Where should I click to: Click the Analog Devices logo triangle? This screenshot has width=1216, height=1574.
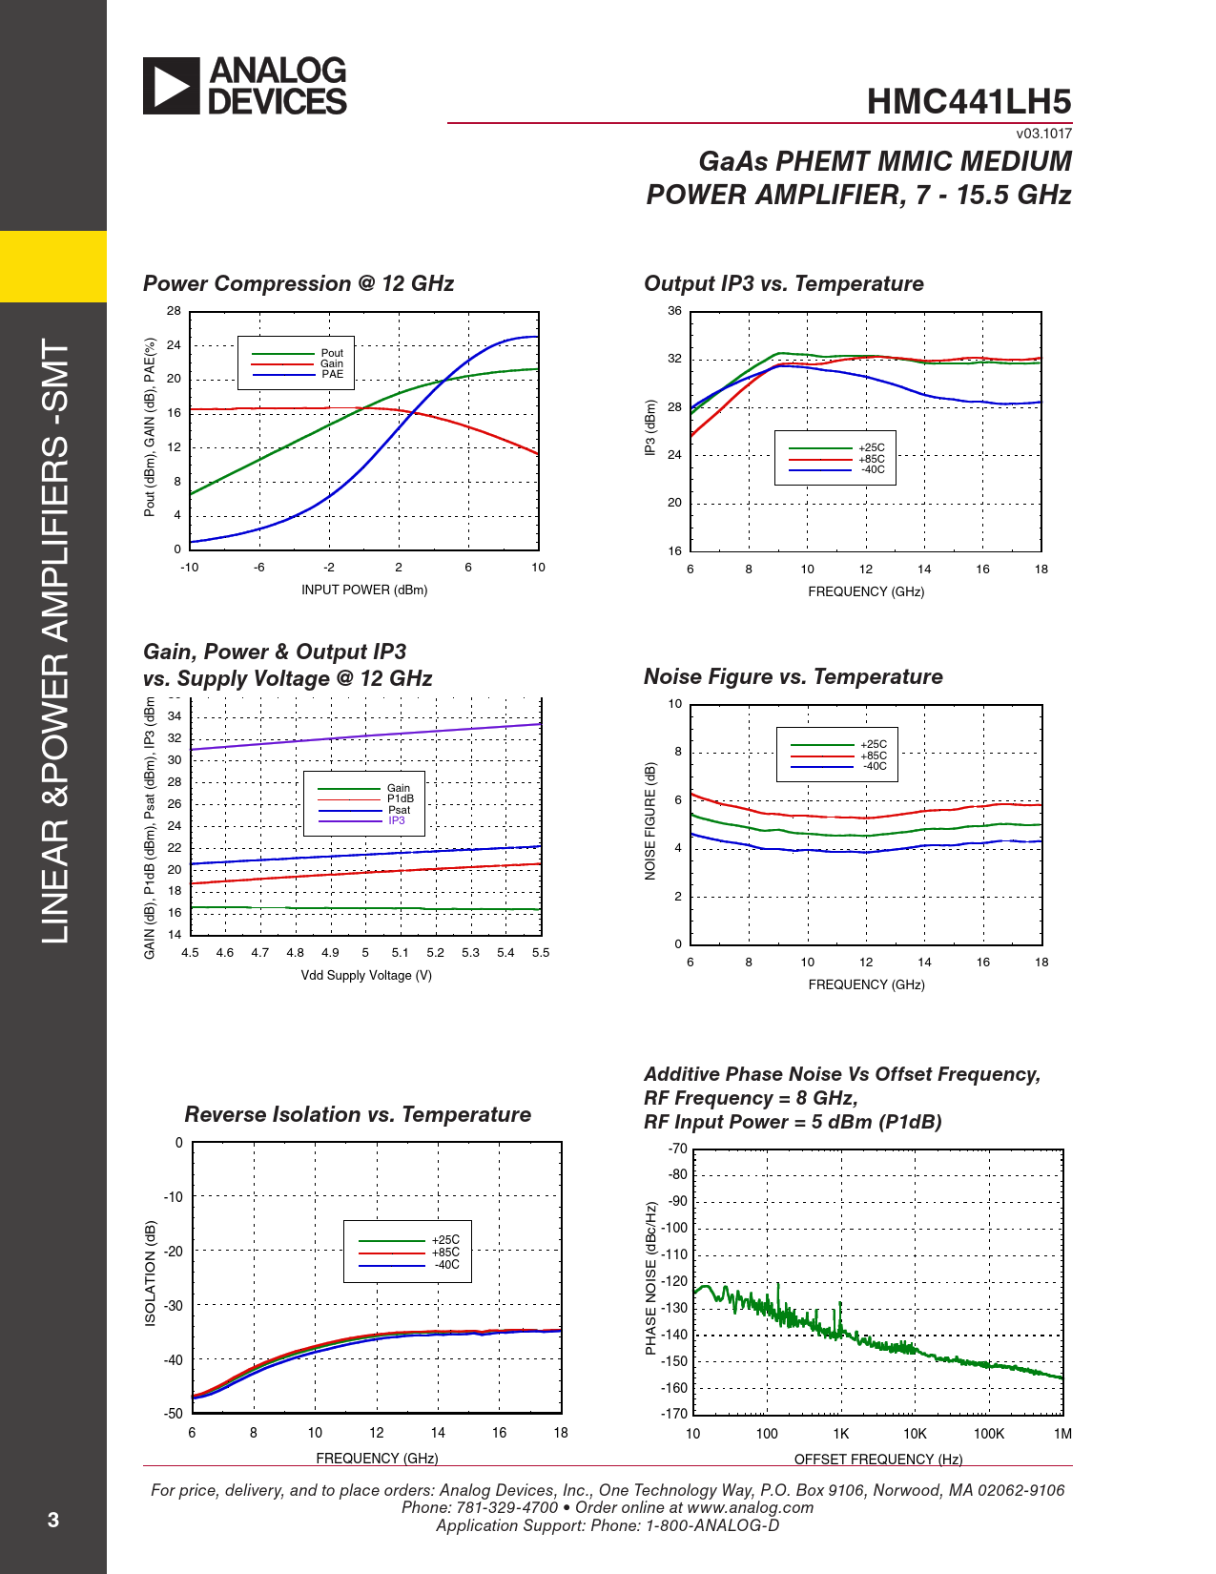click(171, 86)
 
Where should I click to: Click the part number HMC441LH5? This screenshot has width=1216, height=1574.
click(968, 102)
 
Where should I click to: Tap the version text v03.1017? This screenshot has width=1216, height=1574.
click(1043, 134)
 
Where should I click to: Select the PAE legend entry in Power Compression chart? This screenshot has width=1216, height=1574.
click(332, 374)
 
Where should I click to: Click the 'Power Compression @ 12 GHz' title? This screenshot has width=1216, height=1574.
click(298, 283)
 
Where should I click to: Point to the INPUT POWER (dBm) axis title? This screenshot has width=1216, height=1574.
click(364, 590)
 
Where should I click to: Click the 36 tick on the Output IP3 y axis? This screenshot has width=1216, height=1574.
click(674, 311)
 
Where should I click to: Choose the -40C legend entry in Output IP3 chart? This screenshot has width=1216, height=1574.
click(873, 469)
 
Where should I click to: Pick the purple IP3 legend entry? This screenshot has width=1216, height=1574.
click(397, 820)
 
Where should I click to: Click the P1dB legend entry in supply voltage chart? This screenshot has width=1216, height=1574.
click(400, 798)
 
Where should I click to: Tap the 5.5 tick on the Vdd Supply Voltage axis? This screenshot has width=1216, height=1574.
click(541, 952)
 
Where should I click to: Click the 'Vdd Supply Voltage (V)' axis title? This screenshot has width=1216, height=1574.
click(366, 975)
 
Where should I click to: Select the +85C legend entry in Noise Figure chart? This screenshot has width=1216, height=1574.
click(874, 756)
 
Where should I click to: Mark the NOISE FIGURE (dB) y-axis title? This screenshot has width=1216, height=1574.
click(650, 820)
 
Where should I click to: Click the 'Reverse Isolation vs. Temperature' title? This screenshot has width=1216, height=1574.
click(358, 1114)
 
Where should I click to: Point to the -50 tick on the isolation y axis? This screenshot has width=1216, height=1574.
click(173, 1414)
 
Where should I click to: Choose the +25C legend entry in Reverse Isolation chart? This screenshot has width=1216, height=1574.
click(445, 1240)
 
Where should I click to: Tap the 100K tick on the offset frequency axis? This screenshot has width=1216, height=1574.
click(988, 1434)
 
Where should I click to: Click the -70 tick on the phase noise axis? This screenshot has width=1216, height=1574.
click(677, 1149)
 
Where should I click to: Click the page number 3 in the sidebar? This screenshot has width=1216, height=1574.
click(53, 1520)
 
